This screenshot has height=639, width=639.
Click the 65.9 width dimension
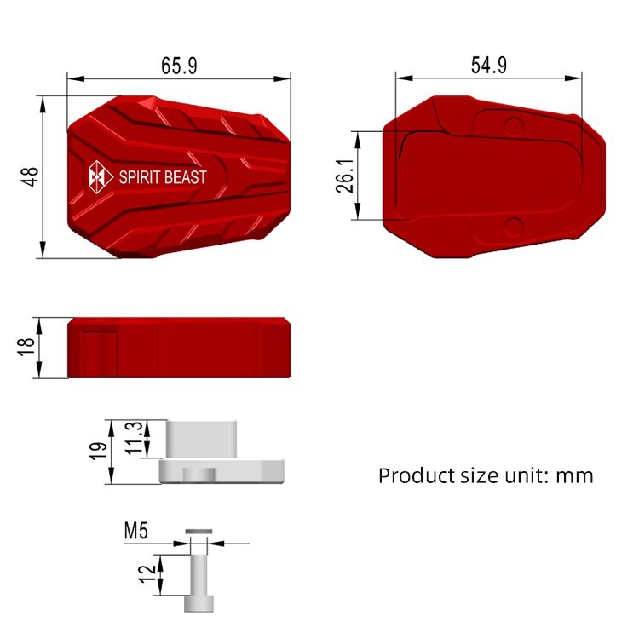179,66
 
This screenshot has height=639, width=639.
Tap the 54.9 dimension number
489,66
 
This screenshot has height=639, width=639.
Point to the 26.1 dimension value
345,176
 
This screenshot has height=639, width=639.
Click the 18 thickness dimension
26,347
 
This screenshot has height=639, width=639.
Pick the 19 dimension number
98,451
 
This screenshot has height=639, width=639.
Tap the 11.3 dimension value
134,438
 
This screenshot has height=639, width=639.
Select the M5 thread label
136,531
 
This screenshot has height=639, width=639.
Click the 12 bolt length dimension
147,573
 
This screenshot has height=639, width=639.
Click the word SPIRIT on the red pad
136,177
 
